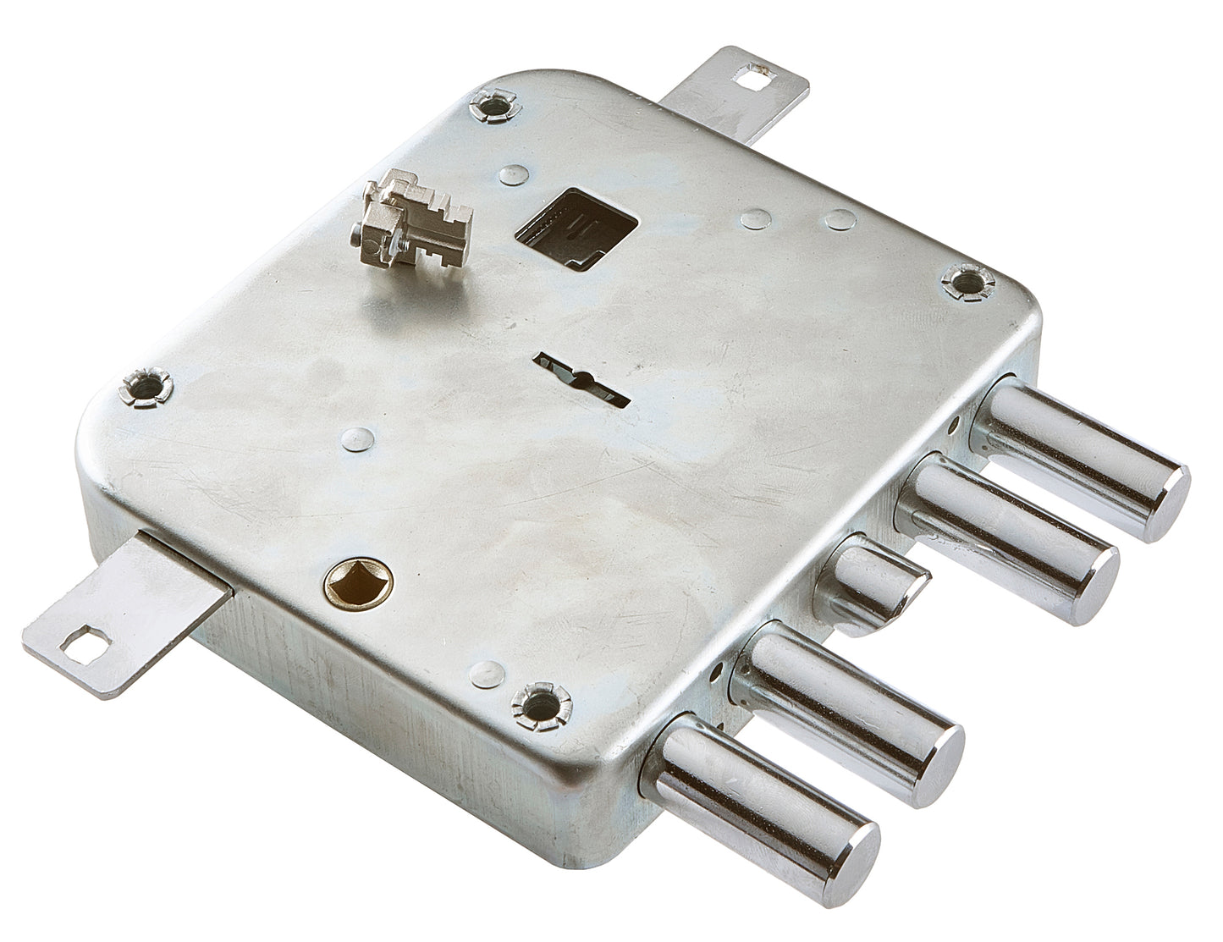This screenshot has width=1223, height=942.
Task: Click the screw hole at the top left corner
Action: [x=495, y=106]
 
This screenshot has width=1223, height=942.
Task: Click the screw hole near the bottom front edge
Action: [x=543, y=702]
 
